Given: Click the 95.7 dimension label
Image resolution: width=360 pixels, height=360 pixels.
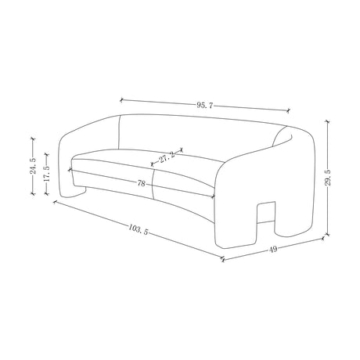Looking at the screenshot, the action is click(205, 106).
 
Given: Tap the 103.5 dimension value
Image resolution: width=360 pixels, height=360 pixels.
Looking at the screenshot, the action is click(139, 229).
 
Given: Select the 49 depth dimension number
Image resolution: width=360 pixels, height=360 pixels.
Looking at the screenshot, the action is click(273, 249).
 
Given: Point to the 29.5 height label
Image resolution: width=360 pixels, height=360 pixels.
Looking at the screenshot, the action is click(328, 178).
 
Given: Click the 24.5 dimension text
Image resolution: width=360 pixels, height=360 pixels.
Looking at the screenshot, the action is click(33, 166).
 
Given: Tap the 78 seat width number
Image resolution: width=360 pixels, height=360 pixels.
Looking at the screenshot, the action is click(141, 183).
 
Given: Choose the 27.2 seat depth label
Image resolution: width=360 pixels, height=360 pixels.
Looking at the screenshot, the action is click(167, 157).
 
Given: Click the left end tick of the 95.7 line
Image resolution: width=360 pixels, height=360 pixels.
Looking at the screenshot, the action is click(121, 99).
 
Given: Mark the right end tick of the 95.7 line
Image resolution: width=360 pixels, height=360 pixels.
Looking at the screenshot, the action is click(288, 110).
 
